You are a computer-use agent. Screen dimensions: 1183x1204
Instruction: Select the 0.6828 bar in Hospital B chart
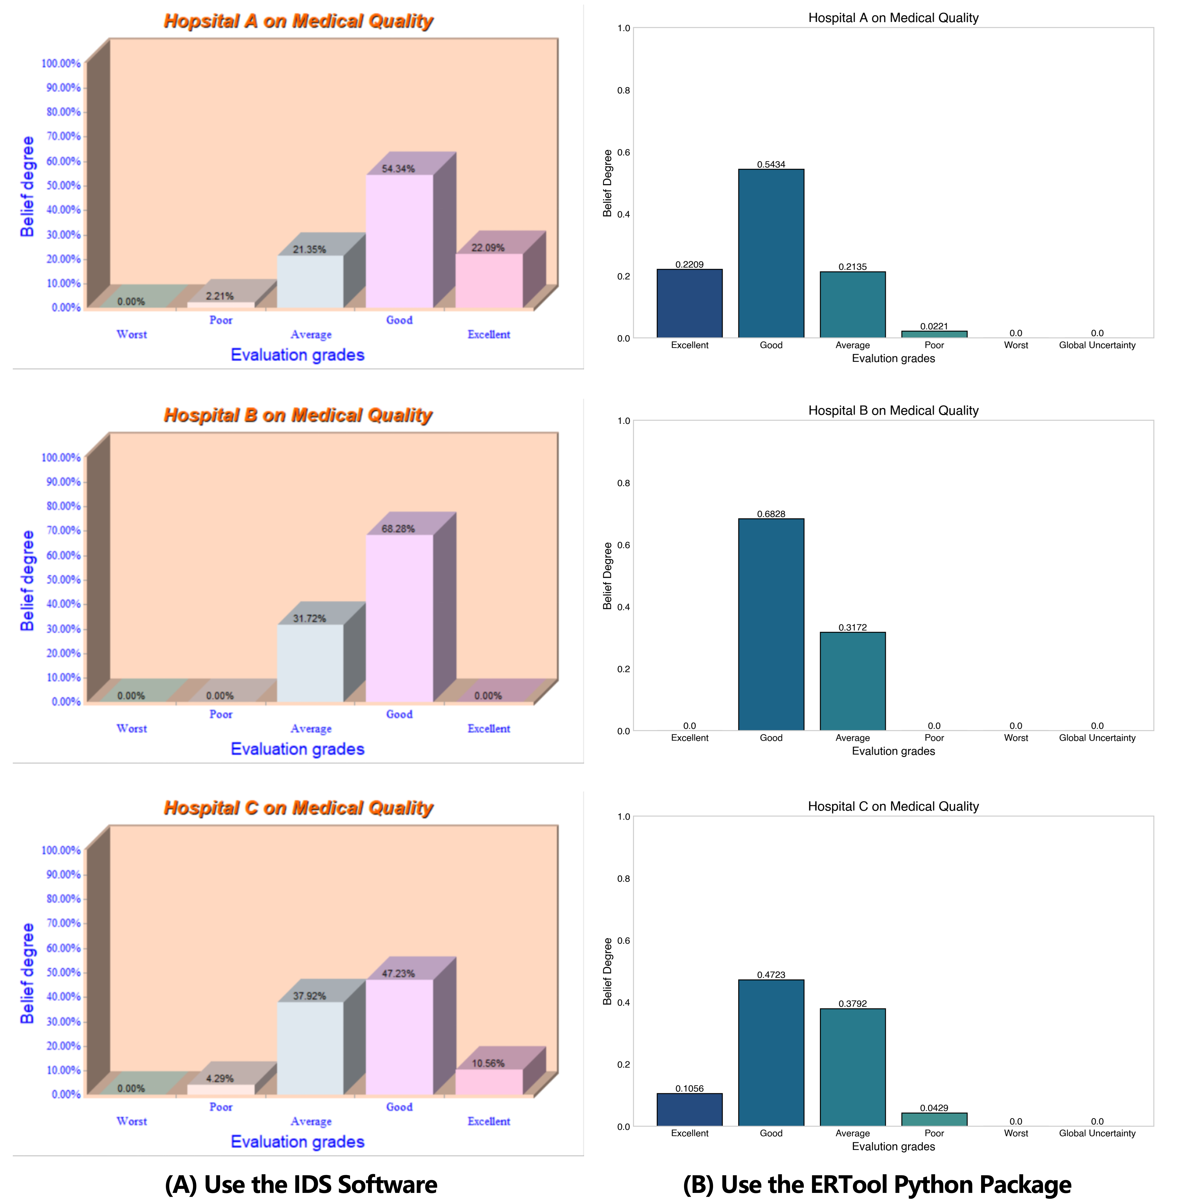click(771, 624)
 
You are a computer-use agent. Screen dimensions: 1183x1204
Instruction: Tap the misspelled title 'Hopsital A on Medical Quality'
click(298, 21)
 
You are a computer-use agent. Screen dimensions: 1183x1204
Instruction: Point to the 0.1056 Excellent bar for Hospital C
click(690, 1110)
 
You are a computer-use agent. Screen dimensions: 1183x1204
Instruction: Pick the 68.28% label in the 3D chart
click(398, 529)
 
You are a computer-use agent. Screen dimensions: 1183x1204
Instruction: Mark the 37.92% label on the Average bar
click(310, 996)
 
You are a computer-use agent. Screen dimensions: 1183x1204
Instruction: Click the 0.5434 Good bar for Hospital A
click(771, 254)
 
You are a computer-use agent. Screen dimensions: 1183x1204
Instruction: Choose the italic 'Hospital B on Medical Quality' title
click(298, 415)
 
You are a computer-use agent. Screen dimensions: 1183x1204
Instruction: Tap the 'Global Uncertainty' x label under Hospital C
click(1097, 1133)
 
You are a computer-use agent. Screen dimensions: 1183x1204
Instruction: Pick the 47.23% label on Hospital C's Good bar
click(398, 974)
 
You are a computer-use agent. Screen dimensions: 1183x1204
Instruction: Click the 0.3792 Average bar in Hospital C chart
click(853, 1067)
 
